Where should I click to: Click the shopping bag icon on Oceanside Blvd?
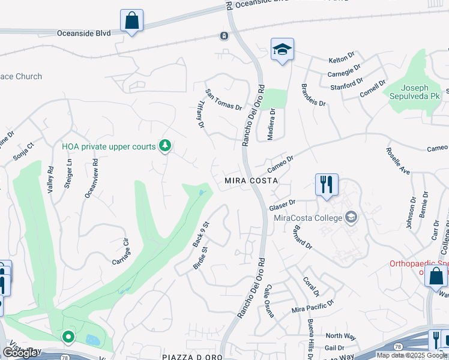coord(131,20)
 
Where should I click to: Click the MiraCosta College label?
coord(307,217)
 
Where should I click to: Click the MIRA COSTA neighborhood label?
coord(251,181)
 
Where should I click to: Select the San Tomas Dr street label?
coord(223,100)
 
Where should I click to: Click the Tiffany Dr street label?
coord(197,113)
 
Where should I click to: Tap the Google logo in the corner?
coord(21,353)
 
